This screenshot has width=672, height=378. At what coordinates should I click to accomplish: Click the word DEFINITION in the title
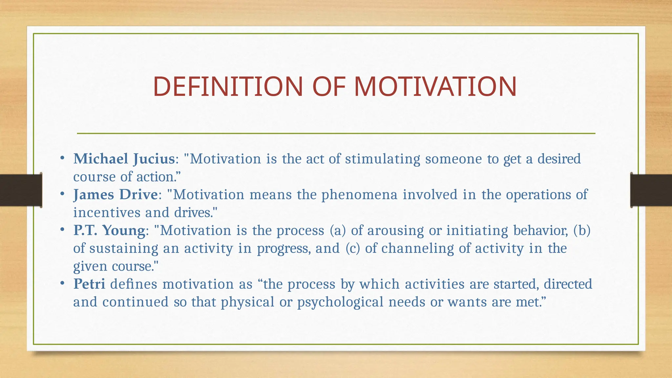pyautogui.click(x=228, y=87)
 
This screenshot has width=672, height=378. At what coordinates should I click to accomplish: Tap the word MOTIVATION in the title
pyautogui.click(x=435, y=87)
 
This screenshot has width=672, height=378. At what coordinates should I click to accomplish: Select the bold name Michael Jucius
pyautogui.click(x=124, y=159)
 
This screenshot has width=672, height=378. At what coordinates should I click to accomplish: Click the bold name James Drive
pyautogui.click(x=115, y=195)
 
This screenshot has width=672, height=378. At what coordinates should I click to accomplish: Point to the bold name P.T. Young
pyautogui.click(x=109, y=230)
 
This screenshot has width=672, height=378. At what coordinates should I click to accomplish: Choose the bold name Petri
pyautogui.click(x=89, y=284)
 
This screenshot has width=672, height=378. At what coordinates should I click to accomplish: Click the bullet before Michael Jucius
pyautogui.click(x=62, y=158)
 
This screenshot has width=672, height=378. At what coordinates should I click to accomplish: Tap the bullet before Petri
pyautogui.click(x=62, y=283)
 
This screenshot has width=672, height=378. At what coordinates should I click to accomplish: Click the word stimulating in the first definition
pyautogui.click(x=382, y=159)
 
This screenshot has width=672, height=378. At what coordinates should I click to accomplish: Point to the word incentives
pyautogui.click(x=106, y=213)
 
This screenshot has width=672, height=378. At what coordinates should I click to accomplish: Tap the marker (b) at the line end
pyautogui.click(x=582, y=230)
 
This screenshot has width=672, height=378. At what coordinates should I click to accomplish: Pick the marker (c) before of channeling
pyautogui.click(x=353, y=248)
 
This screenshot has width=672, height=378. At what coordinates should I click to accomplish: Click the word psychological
pyautogui.click(x=340, y=302)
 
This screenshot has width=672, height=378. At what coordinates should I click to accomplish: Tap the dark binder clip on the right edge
pyautogui.click(x=651, y=190)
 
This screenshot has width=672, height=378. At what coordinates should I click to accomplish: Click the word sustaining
pyautogui.click(x=124, y=248)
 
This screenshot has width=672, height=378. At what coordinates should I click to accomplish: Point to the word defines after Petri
pyautogui.click(x=134, y=284)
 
